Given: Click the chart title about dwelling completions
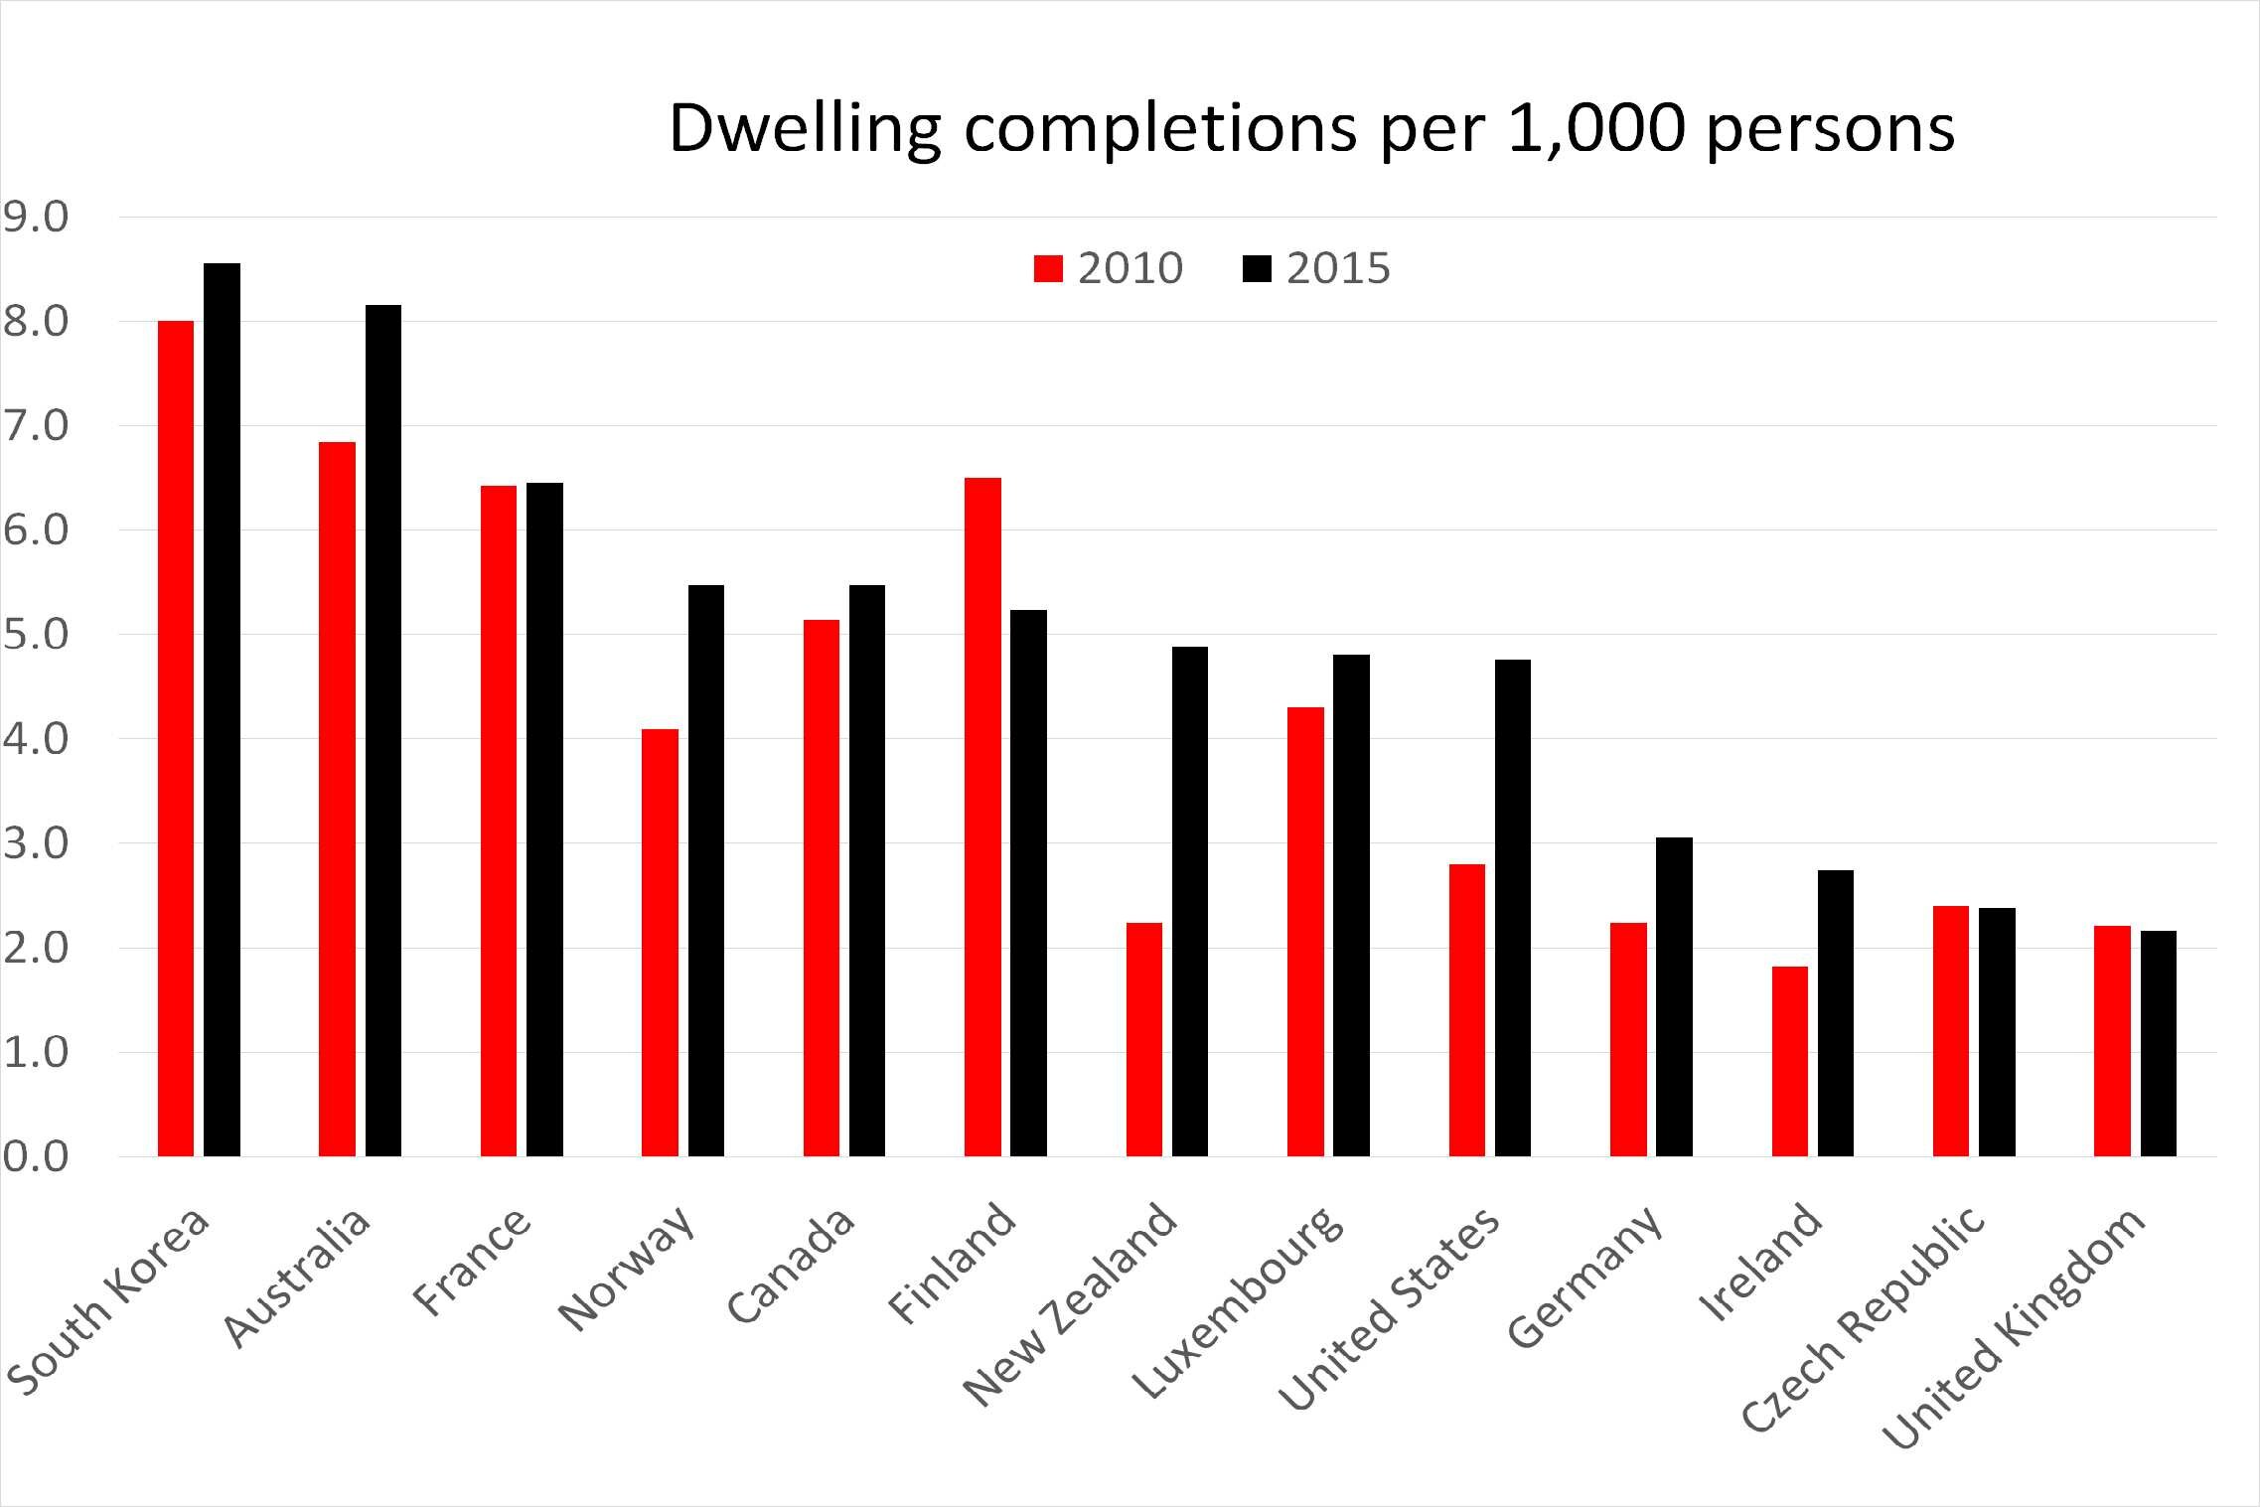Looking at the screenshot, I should point(1311,128).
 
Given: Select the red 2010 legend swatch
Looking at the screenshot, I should point(1048,269).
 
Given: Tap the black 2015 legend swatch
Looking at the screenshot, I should point(1257,269).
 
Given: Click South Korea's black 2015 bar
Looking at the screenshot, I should point(222,710).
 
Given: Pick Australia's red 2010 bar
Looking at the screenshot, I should point(337,800).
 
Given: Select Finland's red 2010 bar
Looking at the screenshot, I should point(982,817).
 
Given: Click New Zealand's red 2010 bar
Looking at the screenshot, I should point(1143,1039).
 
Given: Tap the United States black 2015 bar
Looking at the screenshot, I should point(1512,908).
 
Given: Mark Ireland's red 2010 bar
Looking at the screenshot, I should point(1789,1061).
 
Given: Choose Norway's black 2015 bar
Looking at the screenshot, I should point(705,870).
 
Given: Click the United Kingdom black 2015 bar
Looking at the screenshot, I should point(2158,1043).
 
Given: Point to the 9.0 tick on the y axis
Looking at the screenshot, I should point(36,218).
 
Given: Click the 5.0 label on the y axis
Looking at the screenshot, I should point(36,635).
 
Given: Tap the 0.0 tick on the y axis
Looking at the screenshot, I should point(36,1156).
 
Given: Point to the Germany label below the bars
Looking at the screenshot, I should point(1583,1278).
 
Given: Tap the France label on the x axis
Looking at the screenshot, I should point(472,1262).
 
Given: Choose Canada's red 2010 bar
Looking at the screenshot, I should point(821,888).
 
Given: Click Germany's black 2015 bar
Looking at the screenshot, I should point(1674,997).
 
